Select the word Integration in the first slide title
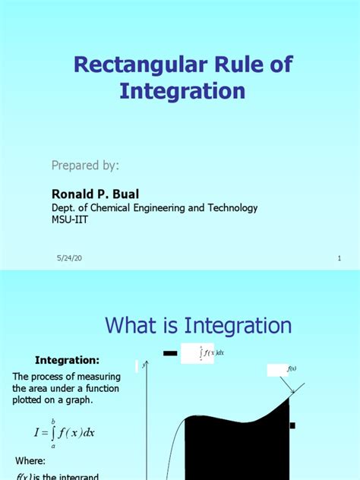pos(182,91)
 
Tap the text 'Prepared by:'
pos(84,166)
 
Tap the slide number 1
pos(339,259)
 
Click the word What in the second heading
pos(132,327)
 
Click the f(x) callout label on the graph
pos(292,370)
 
